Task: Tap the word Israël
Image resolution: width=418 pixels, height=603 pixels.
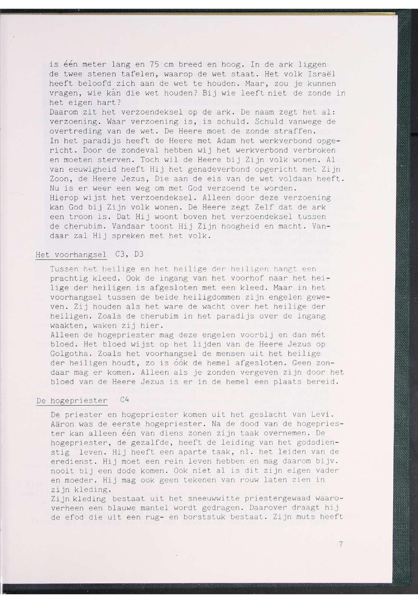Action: tap(321, 74)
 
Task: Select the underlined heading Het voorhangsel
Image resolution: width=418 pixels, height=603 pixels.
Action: tap(71, 255)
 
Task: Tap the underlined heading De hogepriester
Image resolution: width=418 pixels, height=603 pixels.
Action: tap(72, 401)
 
